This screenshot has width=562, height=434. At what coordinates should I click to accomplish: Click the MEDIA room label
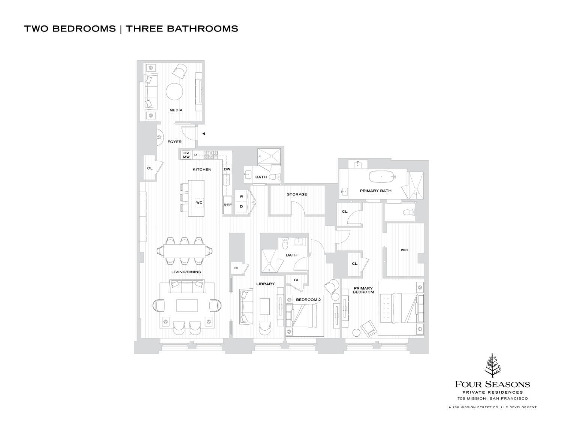click(x=176, y=110)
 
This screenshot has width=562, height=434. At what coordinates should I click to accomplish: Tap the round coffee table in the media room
click(x=175, y=91)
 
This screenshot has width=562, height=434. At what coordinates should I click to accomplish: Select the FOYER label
click(x=175, y=142)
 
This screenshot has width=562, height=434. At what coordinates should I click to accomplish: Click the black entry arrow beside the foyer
click(x=203, y=133)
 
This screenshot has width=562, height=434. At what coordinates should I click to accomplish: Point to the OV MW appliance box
click(x=186, y=155)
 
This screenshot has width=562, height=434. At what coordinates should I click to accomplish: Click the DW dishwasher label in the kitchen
click(x=227, y=169)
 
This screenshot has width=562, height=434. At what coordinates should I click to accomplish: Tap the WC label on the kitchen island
click(x=199, y=203)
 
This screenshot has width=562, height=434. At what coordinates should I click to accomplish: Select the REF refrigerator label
click(x=227, y=205)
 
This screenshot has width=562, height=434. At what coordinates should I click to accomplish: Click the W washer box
click(x=242, y=197)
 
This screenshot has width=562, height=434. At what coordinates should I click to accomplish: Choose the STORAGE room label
click(x=297, y=194)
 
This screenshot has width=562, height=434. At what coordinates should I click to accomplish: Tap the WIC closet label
click(x=404, y=250)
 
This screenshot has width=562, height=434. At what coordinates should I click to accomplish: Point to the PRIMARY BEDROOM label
click(x=363, y=290)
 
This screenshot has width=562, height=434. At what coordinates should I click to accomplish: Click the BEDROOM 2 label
click(x=308, y=300)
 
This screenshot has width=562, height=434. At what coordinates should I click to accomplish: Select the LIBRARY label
click(x=266, y=284)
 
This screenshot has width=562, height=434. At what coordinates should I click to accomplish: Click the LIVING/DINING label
click(x=186, y=272)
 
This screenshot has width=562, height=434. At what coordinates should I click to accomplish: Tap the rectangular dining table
click(x=184, y=250)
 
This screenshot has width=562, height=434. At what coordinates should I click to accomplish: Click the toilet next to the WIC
click(x=408, y=212)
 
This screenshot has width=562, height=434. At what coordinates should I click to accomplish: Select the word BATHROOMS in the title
click(x=202, y=29)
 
